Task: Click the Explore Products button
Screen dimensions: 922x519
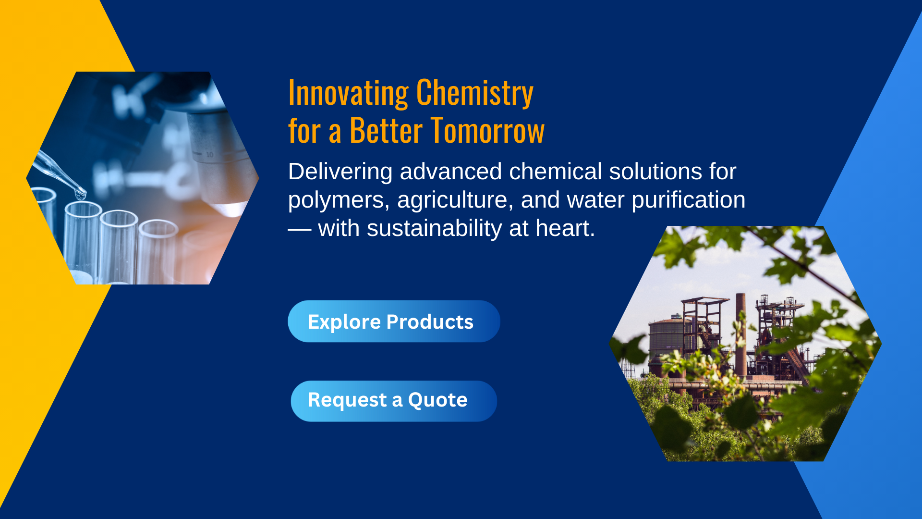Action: [x=394, y=321]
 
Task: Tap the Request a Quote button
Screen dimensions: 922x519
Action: [x=394, y=401]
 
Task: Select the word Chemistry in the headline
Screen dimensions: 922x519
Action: [x=475, y=93]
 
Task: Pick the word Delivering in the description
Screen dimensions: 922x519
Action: [x=340, y=172]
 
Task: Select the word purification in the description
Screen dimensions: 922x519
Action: [x=689, y=200]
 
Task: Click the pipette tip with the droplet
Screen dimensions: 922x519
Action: [x=80, y=195]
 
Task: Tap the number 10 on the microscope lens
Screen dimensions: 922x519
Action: [x=210, y=155]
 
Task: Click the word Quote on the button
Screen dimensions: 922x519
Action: [x=437, y=400]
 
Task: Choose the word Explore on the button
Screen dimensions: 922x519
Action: [x=344, y=322]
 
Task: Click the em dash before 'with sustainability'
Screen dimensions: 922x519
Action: [x=300, y=230]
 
